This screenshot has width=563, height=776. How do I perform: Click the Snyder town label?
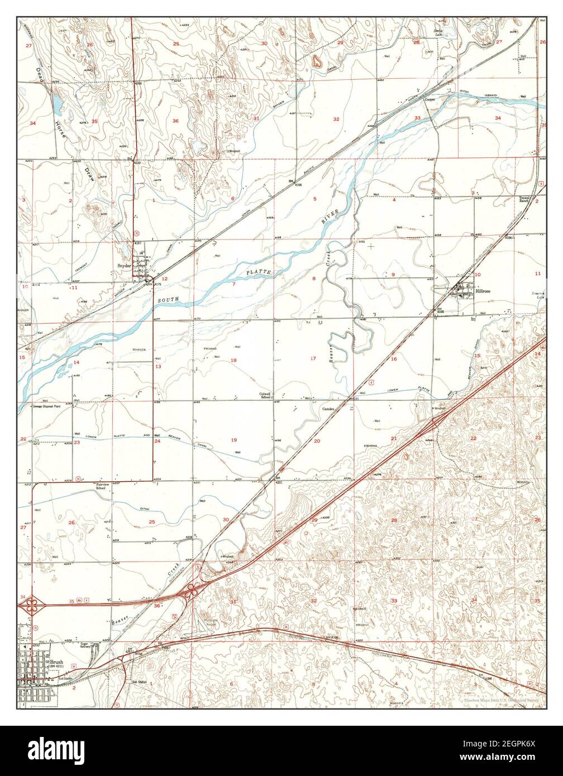point(123,266)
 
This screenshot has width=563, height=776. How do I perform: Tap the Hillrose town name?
point(483,291)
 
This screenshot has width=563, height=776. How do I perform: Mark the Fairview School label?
point(101,486)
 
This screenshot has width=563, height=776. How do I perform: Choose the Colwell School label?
point(265,395)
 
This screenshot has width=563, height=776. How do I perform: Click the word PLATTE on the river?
point(258,272)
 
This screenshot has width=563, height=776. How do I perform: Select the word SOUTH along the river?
point(168,300)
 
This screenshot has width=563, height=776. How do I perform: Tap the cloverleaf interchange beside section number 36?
point(191,590)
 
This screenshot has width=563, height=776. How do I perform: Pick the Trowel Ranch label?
point(524,199)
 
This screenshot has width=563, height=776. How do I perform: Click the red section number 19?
point(234,440)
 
